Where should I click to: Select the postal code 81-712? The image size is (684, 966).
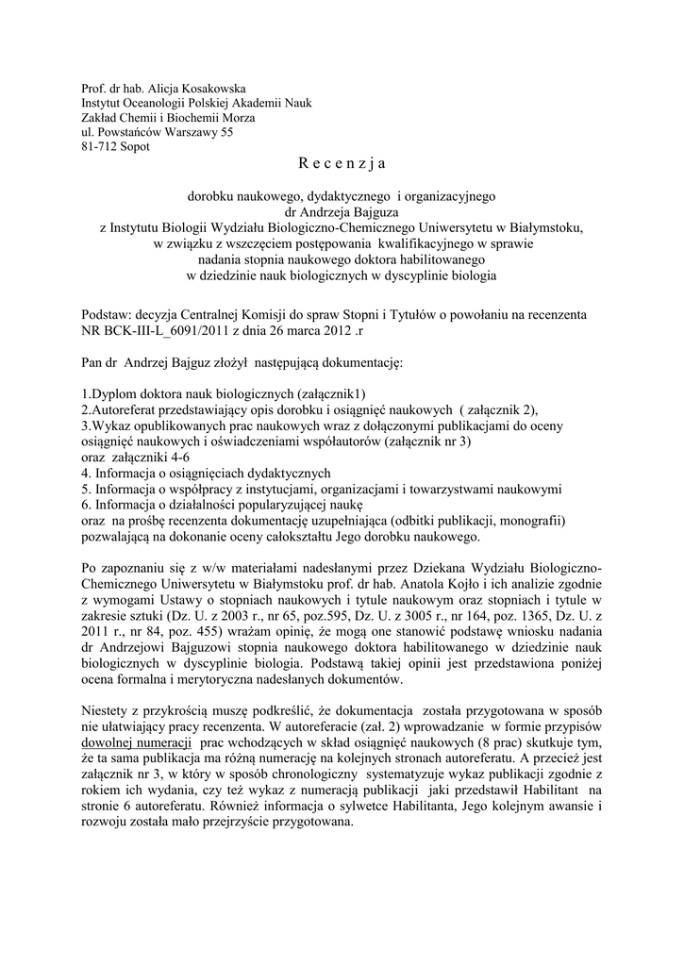[99, 147]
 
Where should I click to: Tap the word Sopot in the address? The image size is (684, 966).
[135, 147]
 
